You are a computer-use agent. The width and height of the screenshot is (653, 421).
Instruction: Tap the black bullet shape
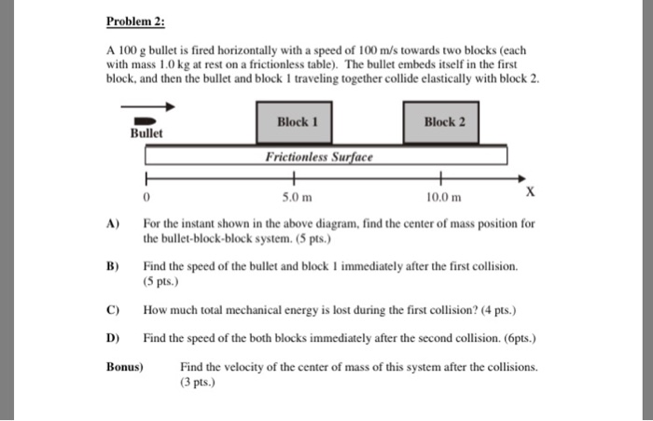pyautogui.click(x=145, y=120)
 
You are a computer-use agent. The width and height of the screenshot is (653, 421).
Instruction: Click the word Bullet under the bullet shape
pyautogui.click(x=146, y=134)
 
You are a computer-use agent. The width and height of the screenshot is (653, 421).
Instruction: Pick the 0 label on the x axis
pyautogui.click(x=146, y=198)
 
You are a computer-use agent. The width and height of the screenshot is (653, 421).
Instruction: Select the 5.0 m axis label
pyautogui.click(x=296, y=198)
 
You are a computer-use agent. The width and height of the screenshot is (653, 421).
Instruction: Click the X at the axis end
pyautogui.click(x=530, y=192)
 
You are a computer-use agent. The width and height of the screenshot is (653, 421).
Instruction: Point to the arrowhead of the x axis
pyautogui.click(x=521, y=177)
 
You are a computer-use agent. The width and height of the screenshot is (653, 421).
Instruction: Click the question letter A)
pyautogui.click(x=114, y=224)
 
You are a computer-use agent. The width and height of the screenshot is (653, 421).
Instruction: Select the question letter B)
pyautogui.click(x=114, y=266)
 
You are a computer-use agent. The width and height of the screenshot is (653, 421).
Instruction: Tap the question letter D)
pyautogui.click(x=114, y=336)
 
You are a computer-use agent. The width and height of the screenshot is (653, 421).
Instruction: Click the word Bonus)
pyautogui.click(x=125, y=367)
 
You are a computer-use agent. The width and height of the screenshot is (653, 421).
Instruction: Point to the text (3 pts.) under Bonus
pyautogui.click(x=198, y=382)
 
